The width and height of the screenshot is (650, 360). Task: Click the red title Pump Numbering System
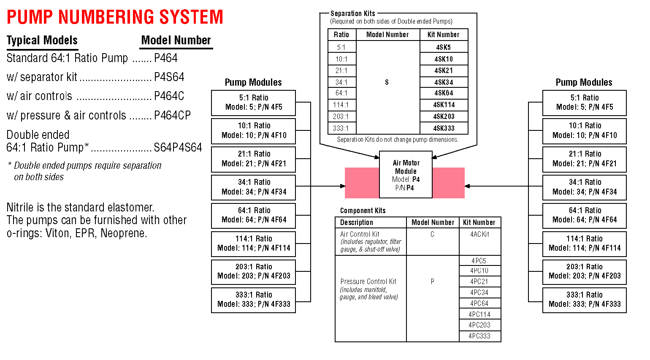pos(115,17)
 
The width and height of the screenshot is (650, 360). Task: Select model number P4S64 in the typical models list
pos(169,77)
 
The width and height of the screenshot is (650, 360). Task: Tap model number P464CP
pos(172,115)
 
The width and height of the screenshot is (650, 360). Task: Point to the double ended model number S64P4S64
pos(178,148)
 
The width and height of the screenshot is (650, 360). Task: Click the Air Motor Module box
pos(406,175)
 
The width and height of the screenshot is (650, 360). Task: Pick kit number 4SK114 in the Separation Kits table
pos(444,105)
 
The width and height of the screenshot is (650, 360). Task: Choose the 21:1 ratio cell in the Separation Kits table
pos(342,70)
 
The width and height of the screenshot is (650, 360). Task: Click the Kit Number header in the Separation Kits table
pos(443,35)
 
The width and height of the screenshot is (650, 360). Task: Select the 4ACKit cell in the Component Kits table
pos(479,234)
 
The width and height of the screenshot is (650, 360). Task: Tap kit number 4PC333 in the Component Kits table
pos(479,336)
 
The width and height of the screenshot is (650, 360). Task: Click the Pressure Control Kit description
pos(368,282)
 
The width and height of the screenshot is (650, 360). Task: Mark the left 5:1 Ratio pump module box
pos(253,103)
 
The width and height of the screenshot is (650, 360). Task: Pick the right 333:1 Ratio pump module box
pos(584,300)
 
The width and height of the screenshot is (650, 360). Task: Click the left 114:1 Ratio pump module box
pos(253,244)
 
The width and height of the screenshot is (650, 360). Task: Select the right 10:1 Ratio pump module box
pos(584,131)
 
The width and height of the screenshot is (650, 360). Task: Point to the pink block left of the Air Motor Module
pos(362,183)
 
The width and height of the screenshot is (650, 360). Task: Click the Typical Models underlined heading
pos(42,41)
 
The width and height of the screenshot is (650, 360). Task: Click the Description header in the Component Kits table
pos(357,222)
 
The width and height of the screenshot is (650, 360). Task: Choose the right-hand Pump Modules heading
pos(584,82)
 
